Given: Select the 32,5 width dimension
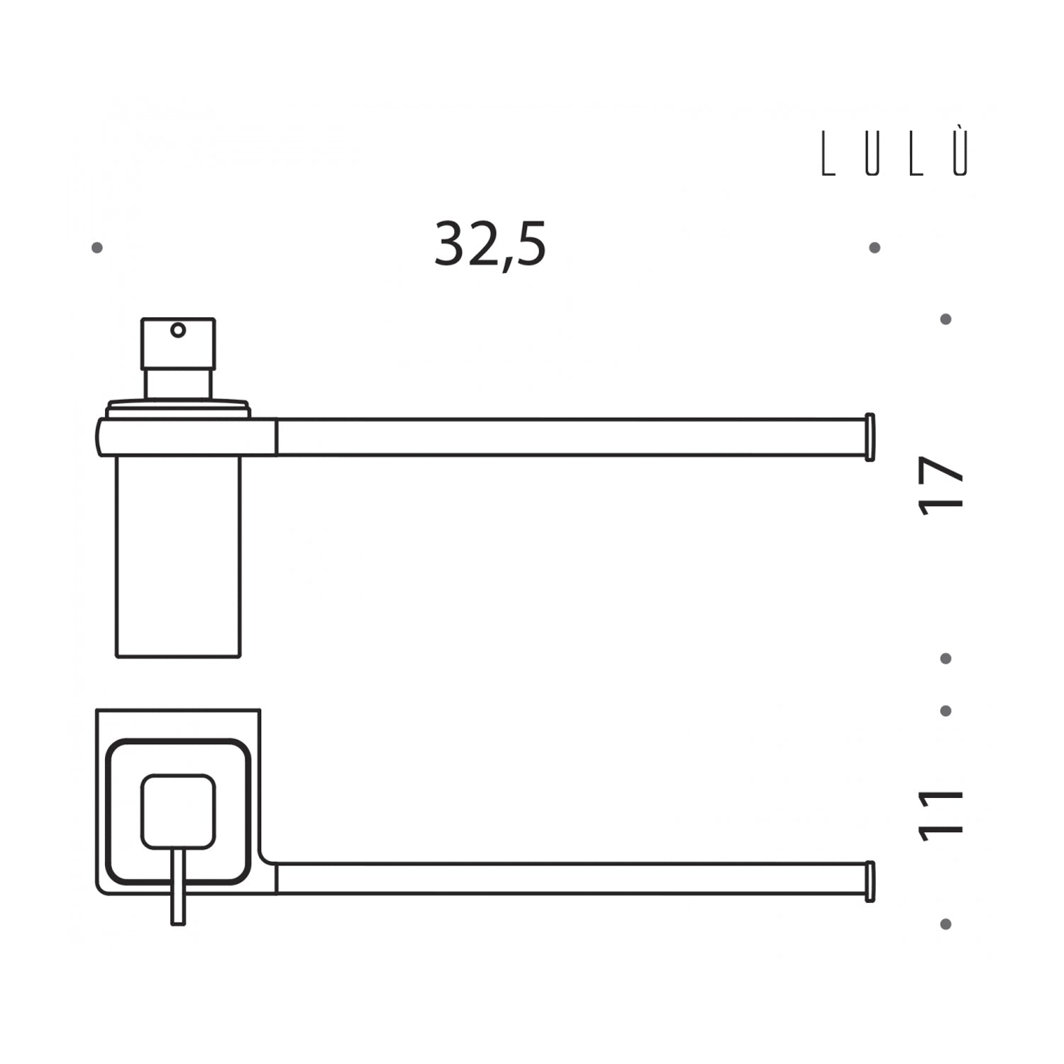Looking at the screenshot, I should (490, 244).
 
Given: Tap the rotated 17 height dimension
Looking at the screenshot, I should (942, 486).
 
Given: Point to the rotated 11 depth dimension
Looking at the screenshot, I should (942, 816).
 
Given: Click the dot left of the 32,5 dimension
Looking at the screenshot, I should (97, 248).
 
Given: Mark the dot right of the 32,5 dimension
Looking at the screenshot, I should (875, 248).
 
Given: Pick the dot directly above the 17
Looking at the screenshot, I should (946, 319).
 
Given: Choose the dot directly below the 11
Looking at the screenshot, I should (946, 924).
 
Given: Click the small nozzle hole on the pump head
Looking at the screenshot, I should (178, 330).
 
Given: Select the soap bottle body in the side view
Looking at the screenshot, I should (178, 557).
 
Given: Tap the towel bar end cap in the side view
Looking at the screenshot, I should (870, 437).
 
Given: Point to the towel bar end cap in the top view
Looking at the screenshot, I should (870, 882).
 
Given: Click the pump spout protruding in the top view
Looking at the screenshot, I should (178, 890).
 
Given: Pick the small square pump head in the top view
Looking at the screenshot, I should (178, 811).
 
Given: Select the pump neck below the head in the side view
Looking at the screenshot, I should (178, 383).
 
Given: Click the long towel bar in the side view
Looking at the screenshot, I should (567, 437).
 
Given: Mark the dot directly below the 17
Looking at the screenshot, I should (946, 659).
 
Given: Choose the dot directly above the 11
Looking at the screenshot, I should (946, 711).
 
